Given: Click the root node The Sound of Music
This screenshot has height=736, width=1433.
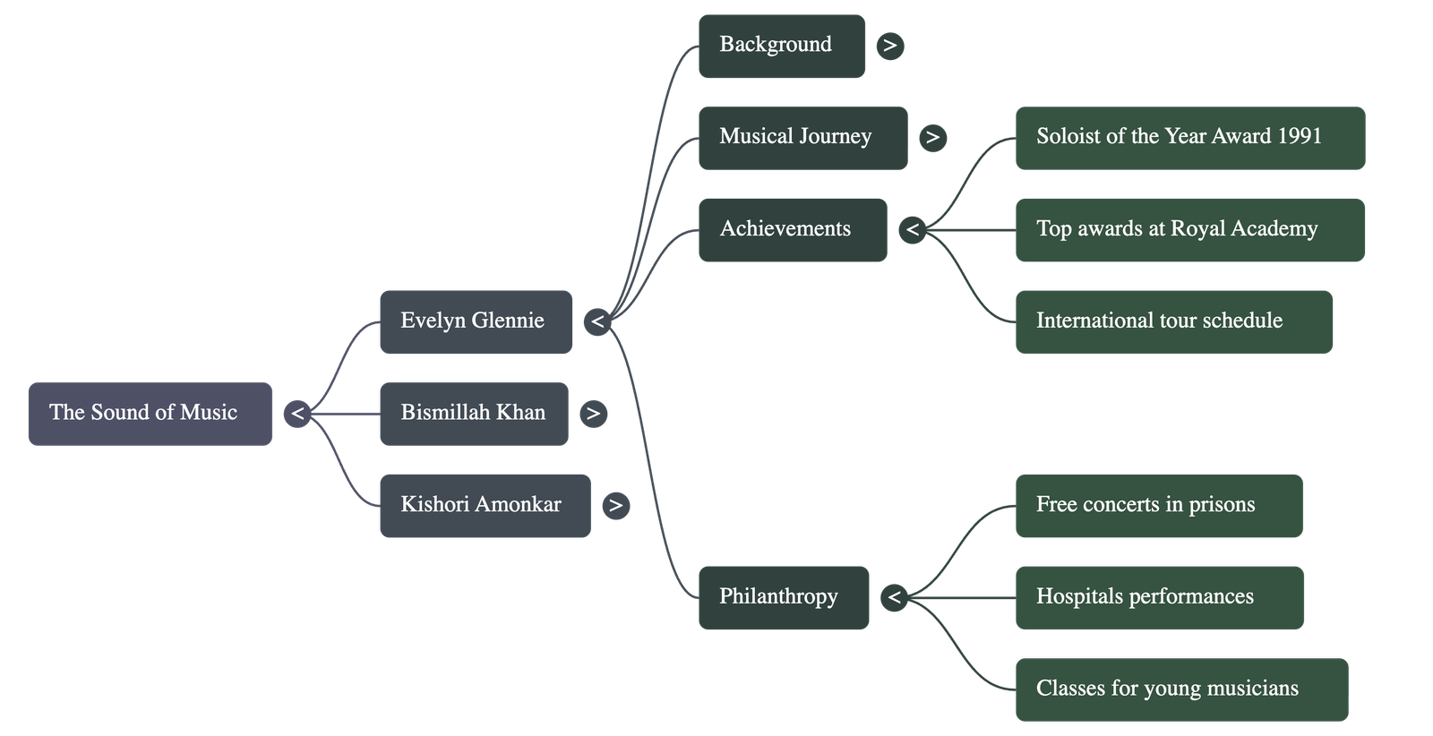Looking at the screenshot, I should (x=150, y=414).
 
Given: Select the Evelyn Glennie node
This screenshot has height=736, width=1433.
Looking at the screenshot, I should (x=476, y=321).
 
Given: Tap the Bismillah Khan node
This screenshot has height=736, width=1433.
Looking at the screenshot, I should (x=474, y=414).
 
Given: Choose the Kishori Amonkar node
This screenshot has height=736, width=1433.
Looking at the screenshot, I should (x=485, y=506).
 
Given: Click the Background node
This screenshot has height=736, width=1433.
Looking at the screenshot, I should (x=781, y=46).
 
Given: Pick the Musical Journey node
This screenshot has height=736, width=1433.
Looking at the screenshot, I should (x=802, y=138).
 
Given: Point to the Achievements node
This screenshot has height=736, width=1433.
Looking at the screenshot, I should (x=792, y=230).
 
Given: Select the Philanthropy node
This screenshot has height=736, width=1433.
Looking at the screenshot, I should (x=783, y=597).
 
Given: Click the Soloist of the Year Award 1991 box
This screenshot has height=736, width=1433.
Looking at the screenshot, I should (x=1189, y=138).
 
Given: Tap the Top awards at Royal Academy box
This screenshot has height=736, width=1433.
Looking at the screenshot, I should (x=1189, y=230).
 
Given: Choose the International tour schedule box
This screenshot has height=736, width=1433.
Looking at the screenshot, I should (x=1173, y=321).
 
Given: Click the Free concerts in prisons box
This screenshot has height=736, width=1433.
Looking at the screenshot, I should (x=1158, y=506).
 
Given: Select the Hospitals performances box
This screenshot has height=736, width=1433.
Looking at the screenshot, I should (x=1159, y=597).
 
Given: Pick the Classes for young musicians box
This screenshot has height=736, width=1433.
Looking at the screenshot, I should (x=1180, y=689).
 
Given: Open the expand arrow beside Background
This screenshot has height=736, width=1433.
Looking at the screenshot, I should (x=889, y=46).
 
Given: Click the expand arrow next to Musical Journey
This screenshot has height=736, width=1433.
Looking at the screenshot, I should (x=932, y=138).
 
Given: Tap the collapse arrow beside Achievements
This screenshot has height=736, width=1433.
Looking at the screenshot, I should (x=912, y=230).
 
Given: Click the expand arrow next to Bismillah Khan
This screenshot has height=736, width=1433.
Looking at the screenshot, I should (x=593, y=414).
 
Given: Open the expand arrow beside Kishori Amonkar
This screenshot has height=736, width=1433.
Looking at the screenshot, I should (x=615, y=506).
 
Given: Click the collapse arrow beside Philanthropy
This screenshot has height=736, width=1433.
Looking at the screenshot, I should (x=894, y=597).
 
